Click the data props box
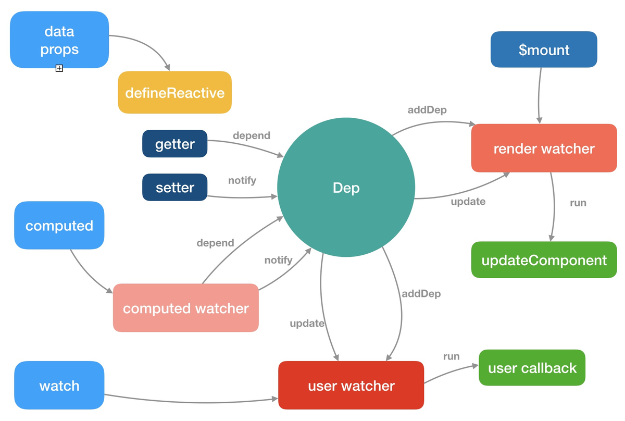[x=59, y=40]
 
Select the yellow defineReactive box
[x=174, y=93]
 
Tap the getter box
[x=174, y=144]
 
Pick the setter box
[x=174, y=188]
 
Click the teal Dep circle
[x=346, y=188]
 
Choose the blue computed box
[x=59, y=226]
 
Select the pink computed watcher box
[x=186, y=308]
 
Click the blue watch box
[x=59, y=386]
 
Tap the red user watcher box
[x=351, y=386]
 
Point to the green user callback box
[x=532, y=368]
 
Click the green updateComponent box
[x=544, y=260]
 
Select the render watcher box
[x=544, y=148]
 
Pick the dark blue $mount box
[x=544, y=50]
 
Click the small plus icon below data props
[x=59, y=68]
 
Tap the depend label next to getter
[x=252, y=135]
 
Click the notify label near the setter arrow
[x=242, y=180]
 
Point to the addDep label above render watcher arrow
[x=427, y=110]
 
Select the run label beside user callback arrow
[x=451, y=356]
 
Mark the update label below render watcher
[x=468, y=202]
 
